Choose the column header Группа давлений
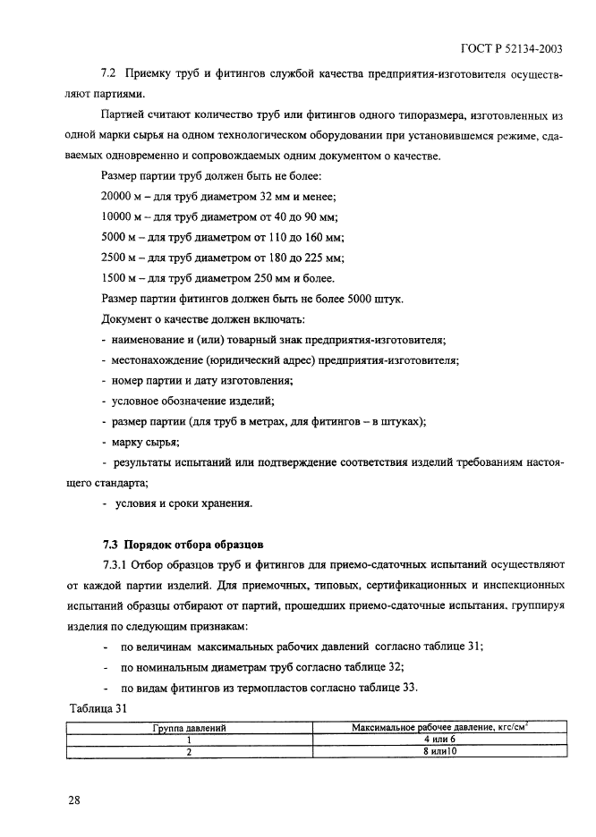[191, 728]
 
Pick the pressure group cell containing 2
[191, 751]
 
